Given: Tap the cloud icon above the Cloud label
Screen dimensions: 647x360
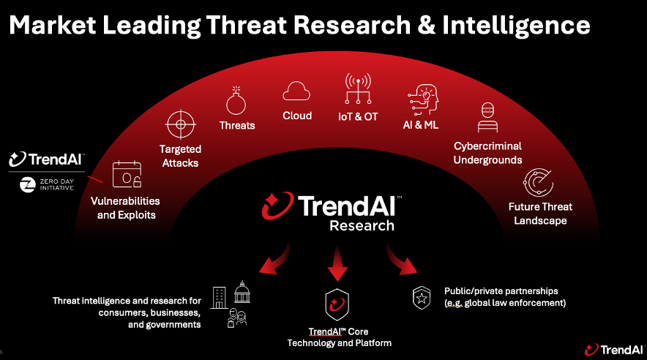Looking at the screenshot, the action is pyautogui.click(x=296, y=91).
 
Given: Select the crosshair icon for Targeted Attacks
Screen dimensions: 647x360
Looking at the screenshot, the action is pyautogui.click(x=180, y=124).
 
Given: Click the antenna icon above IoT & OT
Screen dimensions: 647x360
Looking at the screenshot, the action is pyautogui.click(x=358, y=89).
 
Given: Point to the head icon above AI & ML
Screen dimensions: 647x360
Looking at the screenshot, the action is pyautogui.click(x=422, y=100).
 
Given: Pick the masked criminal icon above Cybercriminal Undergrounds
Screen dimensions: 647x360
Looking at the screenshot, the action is pyautogui.click(x=487, y=118).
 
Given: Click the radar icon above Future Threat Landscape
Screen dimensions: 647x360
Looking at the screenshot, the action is pyautogui.click(x=539, y=182).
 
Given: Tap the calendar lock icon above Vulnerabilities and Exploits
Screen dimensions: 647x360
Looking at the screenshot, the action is pyautogui.click(x=127, y=174).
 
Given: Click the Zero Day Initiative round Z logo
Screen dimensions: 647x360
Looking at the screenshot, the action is pyautogui.click(x=28, y=184).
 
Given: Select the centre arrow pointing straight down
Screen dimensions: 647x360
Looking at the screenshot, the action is pyautogui.click(x=337, y=263).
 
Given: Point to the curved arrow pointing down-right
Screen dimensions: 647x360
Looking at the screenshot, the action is pyautogui.click(x=401, y=259).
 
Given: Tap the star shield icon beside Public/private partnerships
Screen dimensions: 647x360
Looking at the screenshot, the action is pyautogui.click(x=422, y=298).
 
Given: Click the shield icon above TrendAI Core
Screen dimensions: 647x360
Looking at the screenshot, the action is pyautogui.click(x=337, y=304).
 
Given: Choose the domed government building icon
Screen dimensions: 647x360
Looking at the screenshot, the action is pyautogui.click(x=242, y=292).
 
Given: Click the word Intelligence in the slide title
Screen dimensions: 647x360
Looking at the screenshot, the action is pyautogui.click(x=516, y=26).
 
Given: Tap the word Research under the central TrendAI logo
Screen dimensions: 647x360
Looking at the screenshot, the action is pyautogui.click(x=362, y=225).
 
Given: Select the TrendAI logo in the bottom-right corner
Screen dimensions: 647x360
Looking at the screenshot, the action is pyautogui.click(x=614, y=350).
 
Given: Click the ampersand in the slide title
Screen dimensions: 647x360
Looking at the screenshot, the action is pyautogui.click(x=426, y=25).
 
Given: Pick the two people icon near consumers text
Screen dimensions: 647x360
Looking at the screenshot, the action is pyautogui.click(x=237, y=318).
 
